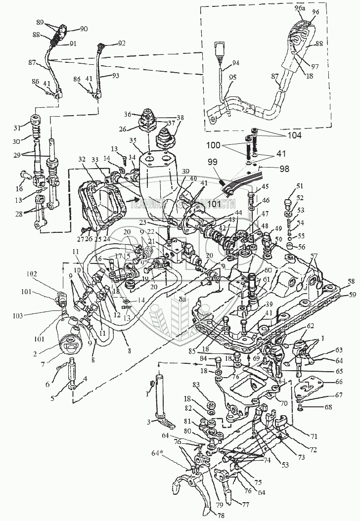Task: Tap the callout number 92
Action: [x=122, y=44]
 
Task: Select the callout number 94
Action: [x=236, y=63]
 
